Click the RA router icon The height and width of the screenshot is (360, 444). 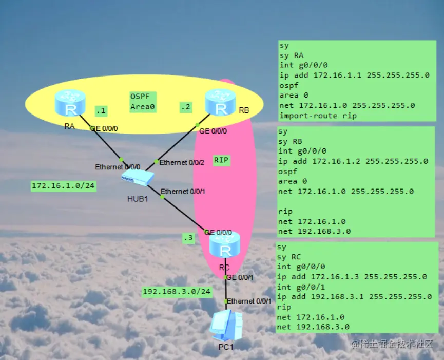70,103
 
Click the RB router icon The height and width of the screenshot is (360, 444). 220,102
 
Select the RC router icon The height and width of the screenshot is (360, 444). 225,245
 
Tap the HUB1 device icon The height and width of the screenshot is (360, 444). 138,178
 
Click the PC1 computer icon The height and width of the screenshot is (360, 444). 226,325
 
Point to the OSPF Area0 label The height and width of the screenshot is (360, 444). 143,102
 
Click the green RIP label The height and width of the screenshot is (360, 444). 221,160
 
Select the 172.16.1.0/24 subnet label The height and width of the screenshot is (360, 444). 64,186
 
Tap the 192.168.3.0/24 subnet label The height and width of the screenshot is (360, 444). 177,292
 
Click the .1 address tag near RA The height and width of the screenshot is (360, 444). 101,110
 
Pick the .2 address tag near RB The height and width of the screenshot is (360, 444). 186,107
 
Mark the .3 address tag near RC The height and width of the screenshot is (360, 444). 188,238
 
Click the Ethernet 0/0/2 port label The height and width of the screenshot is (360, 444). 182,163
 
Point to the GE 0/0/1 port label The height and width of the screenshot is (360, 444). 240,278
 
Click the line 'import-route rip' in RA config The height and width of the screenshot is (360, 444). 318,116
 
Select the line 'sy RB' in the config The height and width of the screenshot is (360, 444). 290,141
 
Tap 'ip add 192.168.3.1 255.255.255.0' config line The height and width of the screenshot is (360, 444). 354,296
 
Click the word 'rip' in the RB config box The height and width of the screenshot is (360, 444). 285,212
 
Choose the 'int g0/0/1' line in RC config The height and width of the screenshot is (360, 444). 301,287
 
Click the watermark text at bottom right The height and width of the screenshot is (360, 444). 392,344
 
